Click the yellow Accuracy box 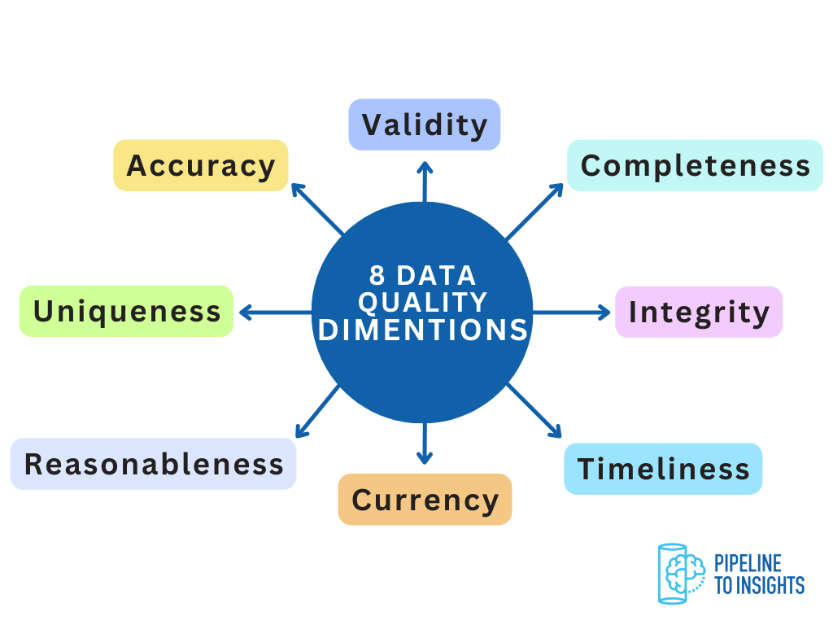pos(200,165)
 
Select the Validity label pos(424,125)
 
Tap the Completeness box pos(695,165)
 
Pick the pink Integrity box pos(698,312)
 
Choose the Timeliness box pos(663,469)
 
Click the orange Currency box pos(425,499)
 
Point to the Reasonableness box pos(153,464)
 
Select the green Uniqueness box pos(126,311)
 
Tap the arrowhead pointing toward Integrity pos(604,312)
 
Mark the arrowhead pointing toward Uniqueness pos(244,312)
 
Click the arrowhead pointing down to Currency pos(424,458)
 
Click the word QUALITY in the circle pos(422,302)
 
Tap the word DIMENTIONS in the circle pos(422,330)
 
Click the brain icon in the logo pos(680,572)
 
